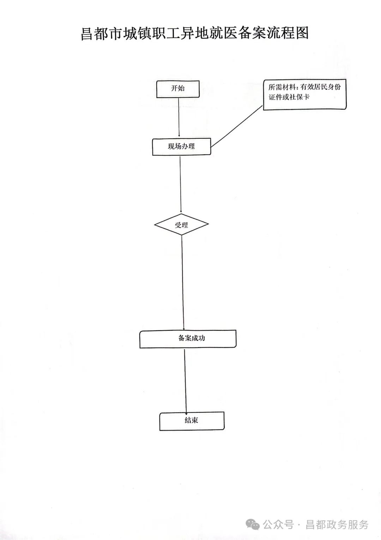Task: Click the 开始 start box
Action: [178, 89]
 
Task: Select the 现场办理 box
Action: [182, 147]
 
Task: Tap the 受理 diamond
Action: [181, 224]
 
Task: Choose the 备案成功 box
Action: [188, 339]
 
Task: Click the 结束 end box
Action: [192, 421]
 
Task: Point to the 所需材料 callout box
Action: [305, 94]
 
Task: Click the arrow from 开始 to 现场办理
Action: [179, 117]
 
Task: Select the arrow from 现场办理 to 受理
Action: [181, 185]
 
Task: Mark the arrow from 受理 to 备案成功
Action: [183, 283]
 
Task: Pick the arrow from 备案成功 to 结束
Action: [186, 380]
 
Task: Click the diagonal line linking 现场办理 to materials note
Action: [237, 126]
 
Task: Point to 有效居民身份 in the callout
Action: [320, 87]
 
